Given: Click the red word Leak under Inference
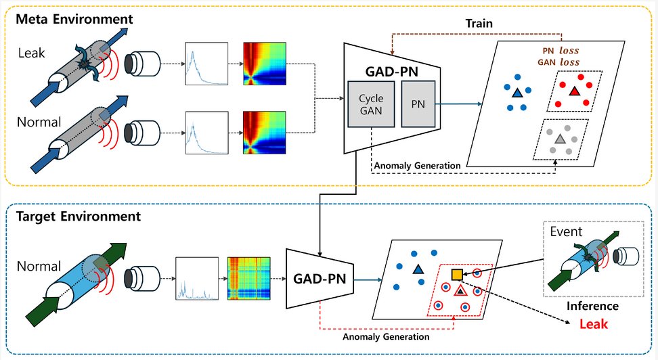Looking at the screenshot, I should point(594,324).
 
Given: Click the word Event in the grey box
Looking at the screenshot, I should point(566,232).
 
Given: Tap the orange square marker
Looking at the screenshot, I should point(458,274).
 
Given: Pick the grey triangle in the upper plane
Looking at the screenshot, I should point(560,138).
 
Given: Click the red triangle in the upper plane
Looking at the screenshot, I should point(573,91).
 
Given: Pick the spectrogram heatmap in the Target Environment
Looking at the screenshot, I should point(248,278).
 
